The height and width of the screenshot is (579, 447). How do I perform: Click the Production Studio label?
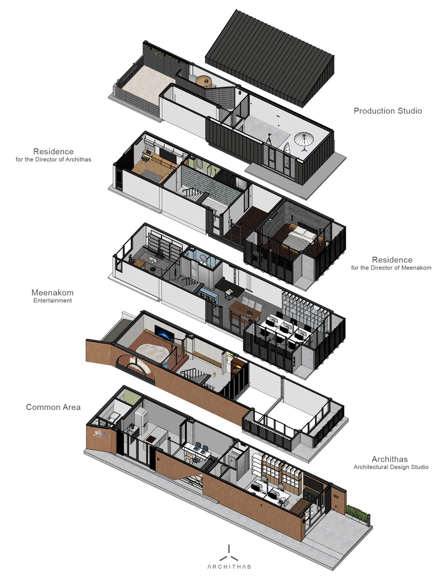tap(388, 111)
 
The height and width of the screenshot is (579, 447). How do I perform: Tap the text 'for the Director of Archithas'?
tap(53, 159)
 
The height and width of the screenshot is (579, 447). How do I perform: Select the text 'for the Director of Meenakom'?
tap(391, 268)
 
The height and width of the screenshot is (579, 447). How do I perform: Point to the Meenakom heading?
tap(52, 293)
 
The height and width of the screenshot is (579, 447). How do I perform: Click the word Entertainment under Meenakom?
tap(52, 301)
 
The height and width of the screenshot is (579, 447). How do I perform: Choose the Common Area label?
tap(53, 407)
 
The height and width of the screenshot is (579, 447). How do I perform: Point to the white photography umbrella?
tap(304, 141)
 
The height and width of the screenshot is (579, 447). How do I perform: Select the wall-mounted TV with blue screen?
tap(164, 333)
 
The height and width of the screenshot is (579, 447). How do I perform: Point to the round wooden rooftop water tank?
tap(203, 81)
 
